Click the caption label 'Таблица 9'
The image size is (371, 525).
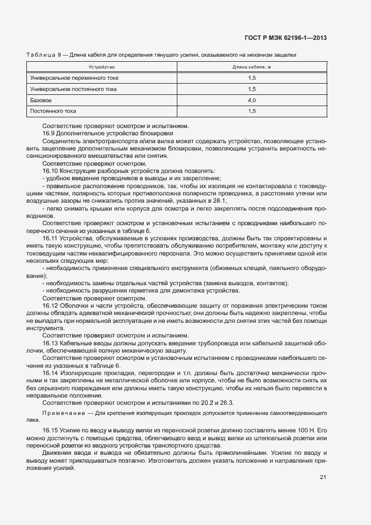[44, 54]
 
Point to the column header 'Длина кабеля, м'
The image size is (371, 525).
[252, 67]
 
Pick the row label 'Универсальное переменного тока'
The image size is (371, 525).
[74, 77]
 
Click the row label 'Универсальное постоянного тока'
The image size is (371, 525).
[74, 89]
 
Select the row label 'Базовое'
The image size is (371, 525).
[40, 100]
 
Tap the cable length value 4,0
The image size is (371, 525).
[252, 100]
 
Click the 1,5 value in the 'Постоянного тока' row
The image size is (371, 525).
[252, 111]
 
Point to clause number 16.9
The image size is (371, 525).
[49, 134]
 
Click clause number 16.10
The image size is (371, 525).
[51, 171]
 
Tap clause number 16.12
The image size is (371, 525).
[51, 305]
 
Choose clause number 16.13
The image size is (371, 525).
[51, 343]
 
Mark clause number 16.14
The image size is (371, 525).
[51, 372]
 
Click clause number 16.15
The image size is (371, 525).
[51, 430]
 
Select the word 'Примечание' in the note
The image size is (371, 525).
[60, 413]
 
